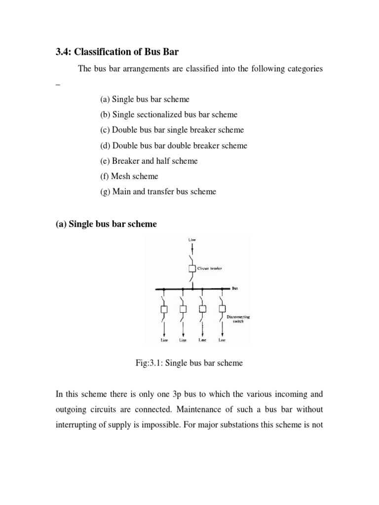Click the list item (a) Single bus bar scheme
tap(145, 99)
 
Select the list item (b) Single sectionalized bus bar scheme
tap(168, 114)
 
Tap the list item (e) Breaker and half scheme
tap(149, 161)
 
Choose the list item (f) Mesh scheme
tap(129, 176)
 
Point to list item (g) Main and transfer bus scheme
tap(158, 191)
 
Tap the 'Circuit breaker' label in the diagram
tap(210, 269)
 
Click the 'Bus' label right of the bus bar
tap(235, 288)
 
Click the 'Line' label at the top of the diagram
tap(192, 240)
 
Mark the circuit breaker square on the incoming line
tap(192, 269)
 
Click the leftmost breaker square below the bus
tap(164, 309)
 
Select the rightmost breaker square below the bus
tap(222, 309)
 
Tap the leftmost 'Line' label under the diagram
tap(164, 340)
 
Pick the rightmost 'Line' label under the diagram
tap(222, 340)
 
